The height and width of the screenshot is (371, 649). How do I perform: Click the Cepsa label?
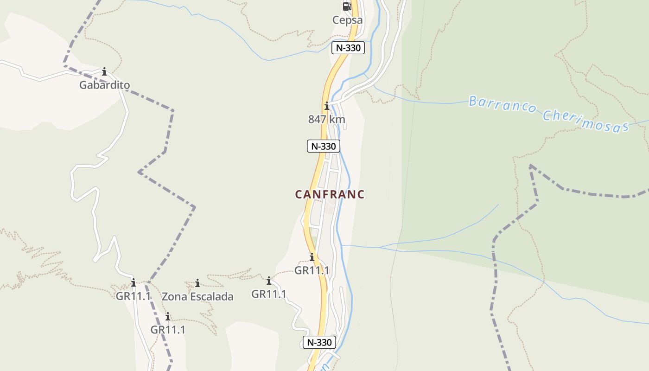tap(347, 20)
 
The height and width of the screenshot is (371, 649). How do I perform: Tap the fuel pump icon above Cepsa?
tap(347, 6)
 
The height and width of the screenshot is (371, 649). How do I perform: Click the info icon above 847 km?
tap(327, 106)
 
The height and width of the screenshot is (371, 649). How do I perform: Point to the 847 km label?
tap(327, 119)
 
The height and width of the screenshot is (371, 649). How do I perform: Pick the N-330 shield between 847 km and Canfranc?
tap(324, 146)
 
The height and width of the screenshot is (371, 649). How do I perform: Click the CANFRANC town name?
tap(330, 194)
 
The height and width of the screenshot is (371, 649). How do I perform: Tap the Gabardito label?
tap(104, 85)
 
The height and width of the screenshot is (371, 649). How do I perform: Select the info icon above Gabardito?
tap(104, 71)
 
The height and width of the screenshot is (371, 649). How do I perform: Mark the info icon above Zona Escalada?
tap(197, 283)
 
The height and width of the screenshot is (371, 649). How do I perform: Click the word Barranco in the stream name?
tap(503, 105)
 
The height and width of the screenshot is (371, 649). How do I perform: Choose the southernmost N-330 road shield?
tap(319, 342)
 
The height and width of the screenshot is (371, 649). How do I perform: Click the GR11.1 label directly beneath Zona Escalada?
tap(168, 330)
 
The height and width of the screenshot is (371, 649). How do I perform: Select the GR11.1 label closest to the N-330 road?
tap(312, 270)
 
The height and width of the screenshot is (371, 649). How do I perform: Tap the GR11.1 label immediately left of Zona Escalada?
tap(134, 295)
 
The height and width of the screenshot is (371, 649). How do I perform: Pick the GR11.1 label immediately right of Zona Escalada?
tap(269, 294)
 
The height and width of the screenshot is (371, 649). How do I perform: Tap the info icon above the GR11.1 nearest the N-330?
tap(312, 257)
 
